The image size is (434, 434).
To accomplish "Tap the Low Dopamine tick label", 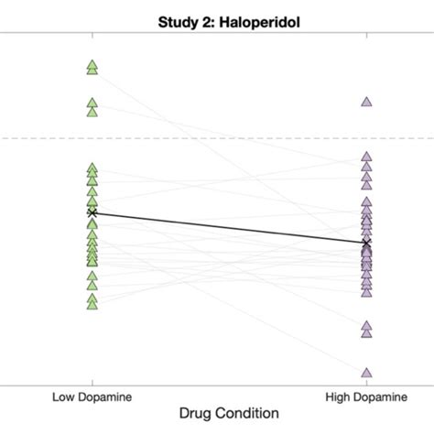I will click(92, 396).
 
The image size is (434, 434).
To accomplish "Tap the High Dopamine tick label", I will click(366, 396).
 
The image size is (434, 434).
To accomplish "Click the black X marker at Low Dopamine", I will click(92, 212).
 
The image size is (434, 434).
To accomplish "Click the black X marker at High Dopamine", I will click(366, 244).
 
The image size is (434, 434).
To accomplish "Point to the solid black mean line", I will click(229, 228).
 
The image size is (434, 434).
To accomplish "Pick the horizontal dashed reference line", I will click(229, 138).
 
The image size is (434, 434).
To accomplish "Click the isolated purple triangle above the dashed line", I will click(366, 102).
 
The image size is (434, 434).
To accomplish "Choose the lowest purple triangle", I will click(366, 373).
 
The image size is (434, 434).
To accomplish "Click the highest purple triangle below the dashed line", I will click(366, 157).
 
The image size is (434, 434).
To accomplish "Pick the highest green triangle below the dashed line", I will click(92, 168).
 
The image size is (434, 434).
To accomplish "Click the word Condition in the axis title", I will click(257, 415).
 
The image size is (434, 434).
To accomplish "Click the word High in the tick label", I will click(340, 396).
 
